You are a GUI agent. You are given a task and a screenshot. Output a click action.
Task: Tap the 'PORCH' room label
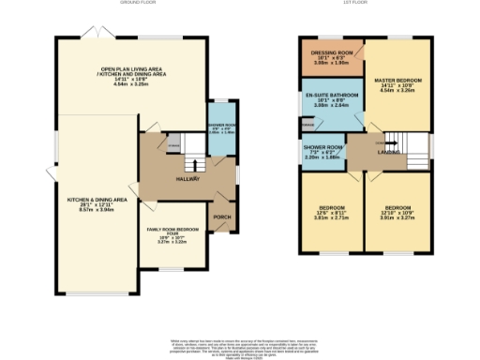point(221,217)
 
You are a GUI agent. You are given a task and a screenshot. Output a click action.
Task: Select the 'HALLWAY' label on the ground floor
point(187,178)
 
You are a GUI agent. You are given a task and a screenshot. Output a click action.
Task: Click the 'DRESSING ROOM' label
point(331,52)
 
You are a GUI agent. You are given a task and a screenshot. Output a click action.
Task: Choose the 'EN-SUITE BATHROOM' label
point(331,97)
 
